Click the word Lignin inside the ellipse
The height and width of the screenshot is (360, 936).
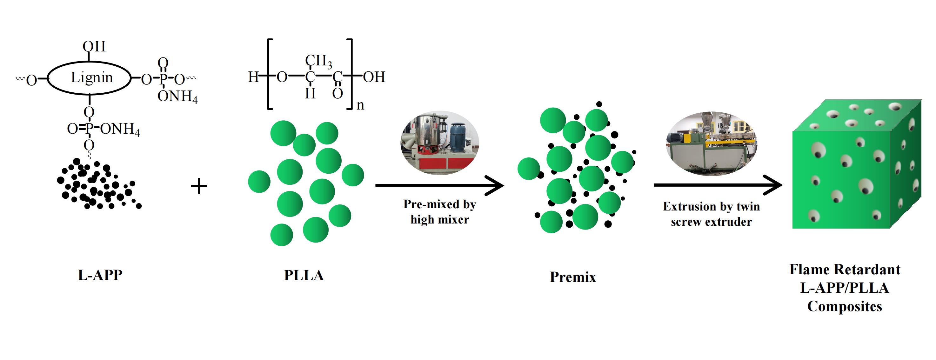tap(91, 77)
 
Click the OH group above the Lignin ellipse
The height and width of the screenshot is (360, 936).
tap(94, 46)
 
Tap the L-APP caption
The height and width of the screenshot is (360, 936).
tap(100, 275)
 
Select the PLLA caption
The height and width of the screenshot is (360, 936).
tap(304, 275)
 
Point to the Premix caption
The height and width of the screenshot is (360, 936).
tap(573, 277)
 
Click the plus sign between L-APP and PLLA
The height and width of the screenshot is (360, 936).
tap(199, 186)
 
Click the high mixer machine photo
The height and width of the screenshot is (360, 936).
tap(440, 143)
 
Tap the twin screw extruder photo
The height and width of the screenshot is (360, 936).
tap(711, 143)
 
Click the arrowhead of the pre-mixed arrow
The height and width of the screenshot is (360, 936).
tap(498, 186)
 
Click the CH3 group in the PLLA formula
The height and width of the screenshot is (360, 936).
tap(318, 61)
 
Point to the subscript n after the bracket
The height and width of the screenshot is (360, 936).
tap(360, 105)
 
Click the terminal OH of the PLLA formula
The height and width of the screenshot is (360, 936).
tap(374, 77)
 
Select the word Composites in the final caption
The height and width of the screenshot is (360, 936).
tap(845, 307)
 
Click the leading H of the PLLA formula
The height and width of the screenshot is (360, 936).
tap(253, 77)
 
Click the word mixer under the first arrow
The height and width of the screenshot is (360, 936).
tap(453, 220)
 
